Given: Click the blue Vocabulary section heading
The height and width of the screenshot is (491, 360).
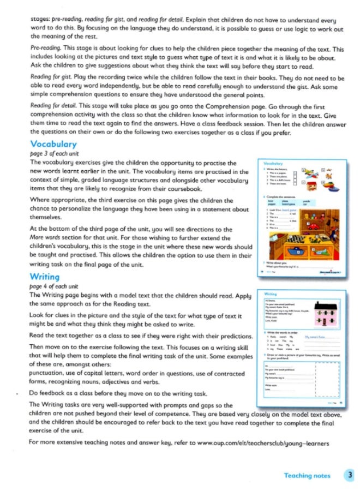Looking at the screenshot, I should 53,145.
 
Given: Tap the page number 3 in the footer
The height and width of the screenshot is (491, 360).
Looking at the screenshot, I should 350,475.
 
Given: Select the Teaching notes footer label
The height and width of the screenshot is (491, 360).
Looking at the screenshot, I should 307,476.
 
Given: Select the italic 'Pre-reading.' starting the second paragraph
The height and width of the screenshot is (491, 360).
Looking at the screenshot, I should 45,49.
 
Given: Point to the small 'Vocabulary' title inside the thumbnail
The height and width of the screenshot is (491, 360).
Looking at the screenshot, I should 272,163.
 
